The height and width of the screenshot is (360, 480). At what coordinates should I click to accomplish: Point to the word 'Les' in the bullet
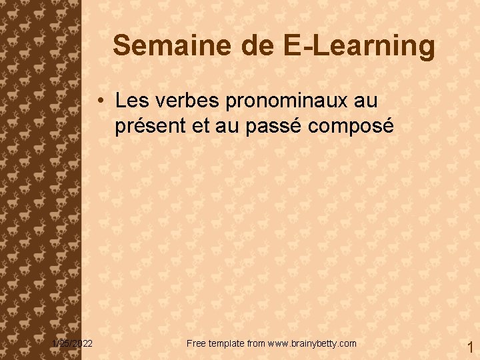130,101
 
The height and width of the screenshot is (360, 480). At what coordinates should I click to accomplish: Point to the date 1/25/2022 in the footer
73,343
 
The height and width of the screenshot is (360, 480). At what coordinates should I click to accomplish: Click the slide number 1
469,347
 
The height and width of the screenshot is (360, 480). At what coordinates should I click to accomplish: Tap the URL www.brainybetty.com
312,343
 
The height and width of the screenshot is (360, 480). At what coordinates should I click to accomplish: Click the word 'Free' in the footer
197,343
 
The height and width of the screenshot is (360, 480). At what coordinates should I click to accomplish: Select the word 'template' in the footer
227,343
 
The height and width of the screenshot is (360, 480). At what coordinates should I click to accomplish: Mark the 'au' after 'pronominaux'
365,102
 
